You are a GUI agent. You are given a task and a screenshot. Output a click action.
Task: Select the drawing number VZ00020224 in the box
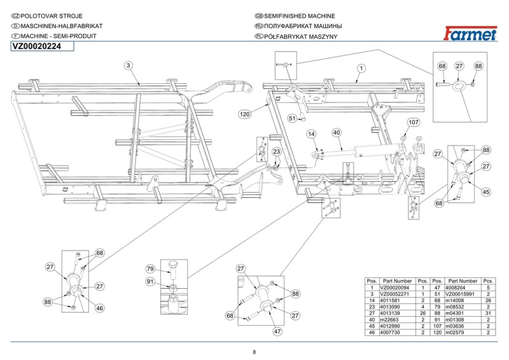point(36,46)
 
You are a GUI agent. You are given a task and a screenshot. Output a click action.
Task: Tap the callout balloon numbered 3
point(128,66)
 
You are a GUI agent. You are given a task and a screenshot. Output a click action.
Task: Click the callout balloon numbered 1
point(360,67)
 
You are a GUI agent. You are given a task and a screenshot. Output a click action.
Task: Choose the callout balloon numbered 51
point(293,118)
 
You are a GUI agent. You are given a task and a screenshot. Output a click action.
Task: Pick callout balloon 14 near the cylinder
point(312,134)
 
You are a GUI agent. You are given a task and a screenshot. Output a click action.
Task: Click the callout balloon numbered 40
point(337,132)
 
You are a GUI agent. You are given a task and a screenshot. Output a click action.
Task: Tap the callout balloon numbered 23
point(277,151)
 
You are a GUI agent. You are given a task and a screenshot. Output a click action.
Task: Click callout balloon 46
point(99,308)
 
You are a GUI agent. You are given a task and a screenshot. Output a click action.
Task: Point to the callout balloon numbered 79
point(151,268)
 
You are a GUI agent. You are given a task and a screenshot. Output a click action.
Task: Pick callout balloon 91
point(151,282)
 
